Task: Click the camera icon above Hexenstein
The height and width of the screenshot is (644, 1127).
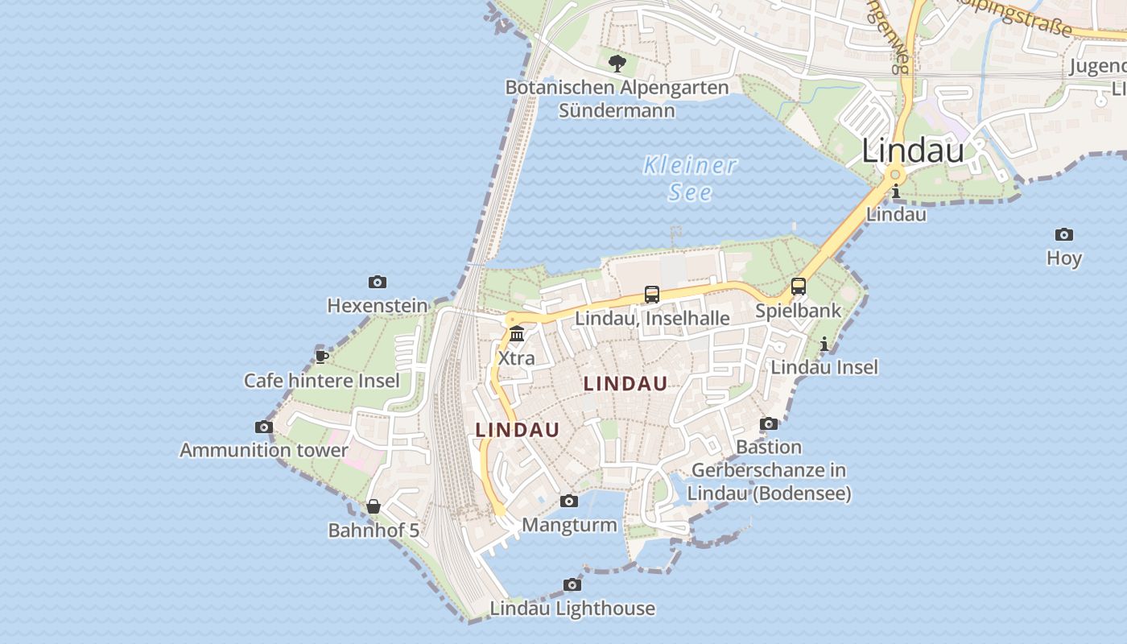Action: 378,282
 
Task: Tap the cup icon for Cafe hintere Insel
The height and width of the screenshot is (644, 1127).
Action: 322,357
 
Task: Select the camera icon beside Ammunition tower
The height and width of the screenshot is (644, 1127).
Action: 264,427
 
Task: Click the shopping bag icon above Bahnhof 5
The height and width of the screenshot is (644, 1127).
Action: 374,506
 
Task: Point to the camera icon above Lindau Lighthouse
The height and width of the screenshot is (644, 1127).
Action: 572,584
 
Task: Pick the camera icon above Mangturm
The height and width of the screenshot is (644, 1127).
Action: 569,501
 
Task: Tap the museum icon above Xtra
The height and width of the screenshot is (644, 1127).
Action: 517,334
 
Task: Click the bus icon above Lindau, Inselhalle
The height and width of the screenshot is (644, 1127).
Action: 652,295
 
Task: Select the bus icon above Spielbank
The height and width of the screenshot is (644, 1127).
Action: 799,287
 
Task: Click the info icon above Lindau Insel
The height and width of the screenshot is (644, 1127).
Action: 824,345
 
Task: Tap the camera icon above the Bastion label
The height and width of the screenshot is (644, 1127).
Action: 769,423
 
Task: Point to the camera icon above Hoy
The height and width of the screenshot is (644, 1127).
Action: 1064,234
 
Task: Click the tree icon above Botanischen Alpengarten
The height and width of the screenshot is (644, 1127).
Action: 617,63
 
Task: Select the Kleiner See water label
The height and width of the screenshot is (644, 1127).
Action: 691,179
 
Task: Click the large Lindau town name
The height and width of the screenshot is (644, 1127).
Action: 913,151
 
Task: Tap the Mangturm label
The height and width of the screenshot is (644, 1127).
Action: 570,526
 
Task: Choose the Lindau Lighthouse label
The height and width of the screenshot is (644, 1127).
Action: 572,609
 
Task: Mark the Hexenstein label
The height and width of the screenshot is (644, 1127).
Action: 378,306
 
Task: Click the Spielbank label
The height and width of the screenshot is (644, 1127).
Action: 798,311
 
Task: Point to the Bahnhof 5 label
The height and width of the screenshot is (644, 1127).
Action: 374,530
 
